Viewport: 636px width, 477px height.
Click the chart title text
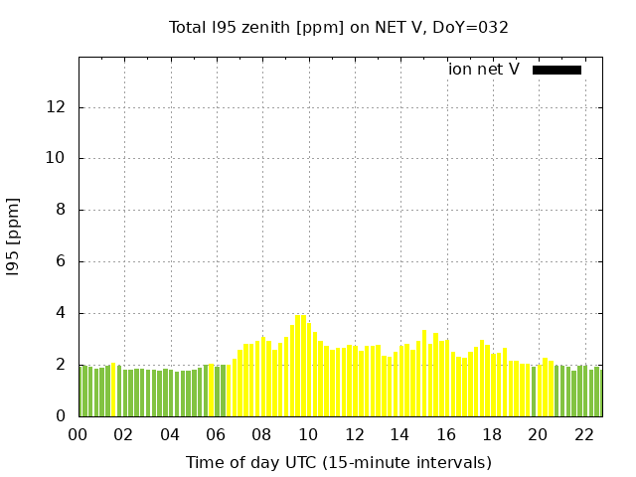(339, 28)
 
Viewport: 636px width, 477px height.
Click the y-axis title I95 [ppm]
(14, 237)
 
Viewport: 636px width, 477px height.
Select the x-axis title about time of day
(339, 462)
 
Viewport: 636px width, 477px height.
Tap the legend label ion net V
(484, 70)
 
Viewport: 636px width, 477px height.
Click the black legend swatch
(556, 70)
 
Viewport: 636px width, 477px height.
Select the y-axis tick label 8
(64, 211)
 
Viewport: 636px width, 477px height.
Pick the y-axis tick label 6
(64, 262)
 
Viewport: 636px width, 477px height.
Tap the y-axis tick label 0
(64, 416)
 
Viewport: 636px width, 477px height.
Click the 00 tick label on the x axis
(79, 434)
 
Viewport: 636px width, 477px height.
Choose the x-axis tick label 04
(170, 434)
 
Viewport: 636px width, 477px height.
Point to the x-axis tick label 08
(262, 434)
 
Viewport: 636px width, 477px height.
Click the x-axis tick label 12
(354, 434)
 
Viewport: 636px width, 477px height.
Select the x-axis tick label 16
(446, 434)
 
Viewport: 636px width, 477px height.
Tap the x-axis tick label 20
(538, 434)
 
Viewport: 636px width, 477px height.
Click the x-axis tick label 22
(583, 434)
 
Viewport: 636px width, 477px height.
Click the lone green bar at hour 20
(534, 392)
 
